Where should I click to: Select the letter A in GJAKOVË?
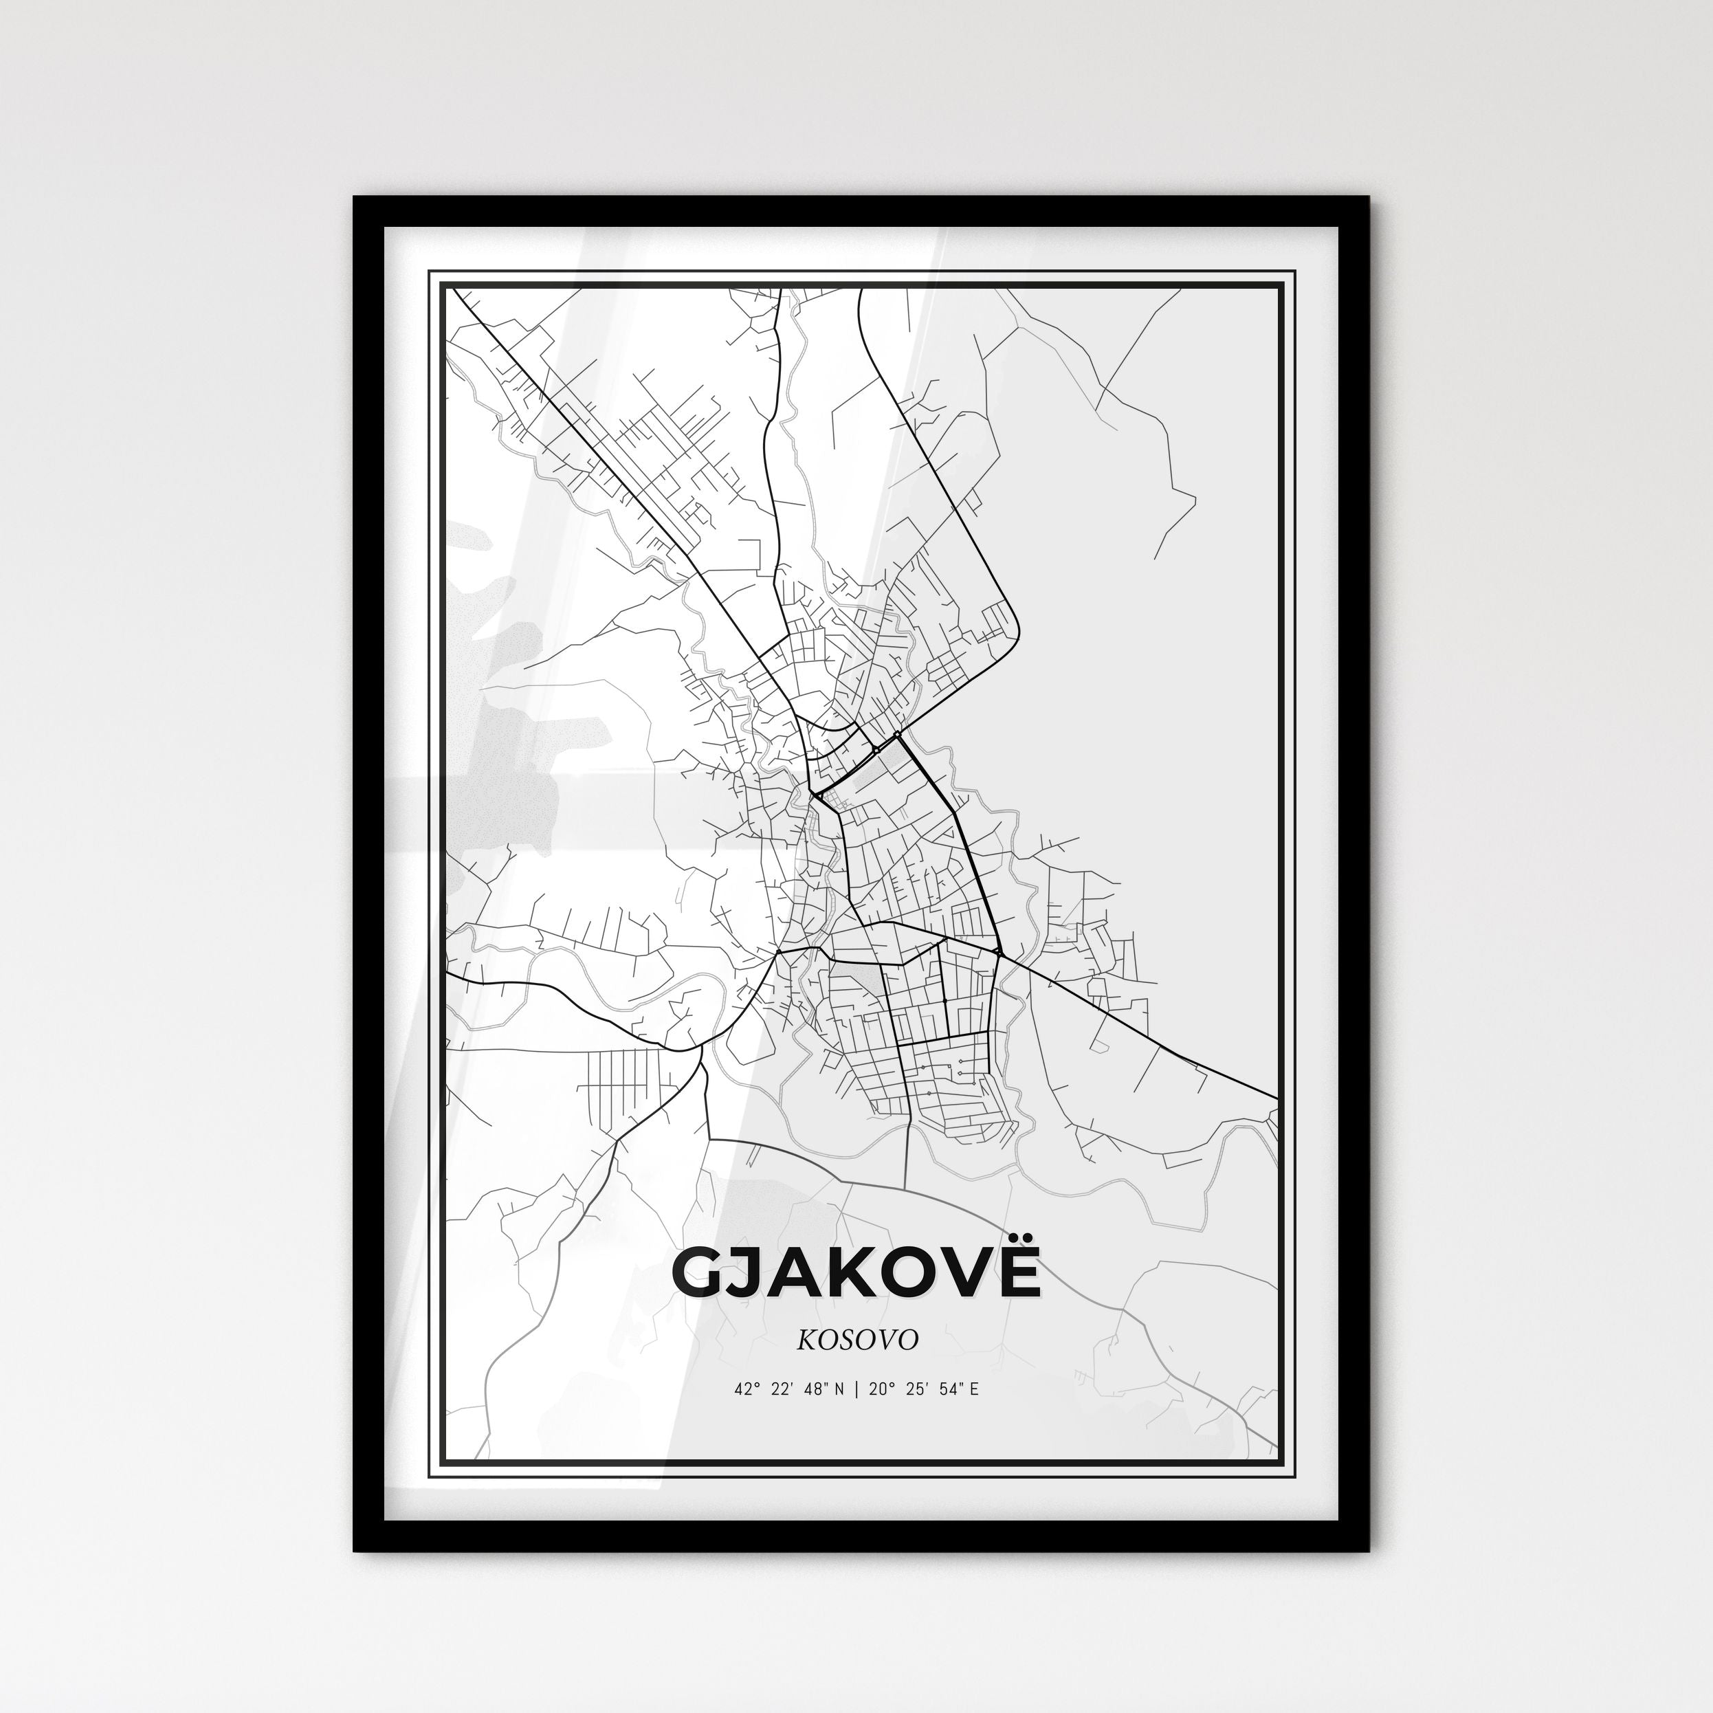pyautogui.click(x=801, y=1275)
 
